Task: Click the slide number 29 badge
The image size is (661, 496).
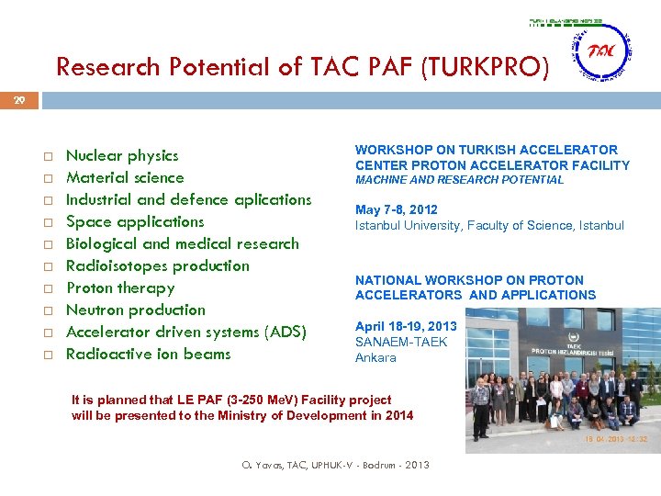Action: (x=19, y=99)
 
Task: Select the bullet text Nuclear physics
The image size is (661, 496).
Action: (x=122, y=155)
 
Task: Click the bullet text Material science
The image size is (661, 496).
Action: (x=125, y=177)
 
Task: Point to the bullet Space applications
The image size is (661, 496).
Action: (x=135, y=221)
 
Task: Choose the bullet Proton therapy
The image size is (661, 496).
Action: (x=120, y=287)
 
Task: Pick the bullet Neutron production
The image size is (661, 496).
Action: (x=136, y=310)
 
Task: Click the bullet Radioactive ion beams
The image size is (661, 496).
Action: (x=148, y=354)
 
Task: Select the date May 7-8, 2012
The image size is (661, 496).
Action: (x=397, y=209)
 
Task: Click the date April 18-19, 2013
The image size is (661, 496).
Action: (x=406, y=326)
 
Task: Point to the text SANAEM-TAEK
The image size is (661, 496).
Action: (x=401, y=342)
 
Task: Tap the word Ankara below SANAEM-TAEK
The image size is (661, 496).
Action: (x=375, y=357)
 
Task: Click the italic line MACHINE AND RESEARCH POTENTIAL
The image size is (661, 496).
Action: (x=459, y=180)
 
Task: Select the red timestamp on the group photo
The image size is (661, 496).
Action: (x=617, y=439)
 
